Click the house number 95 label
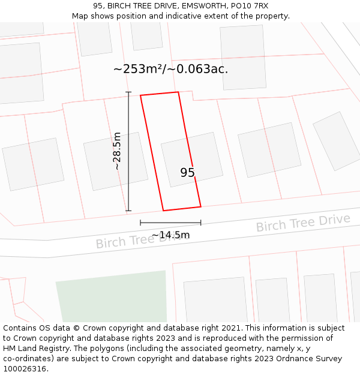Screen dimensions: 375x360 pos(187,173)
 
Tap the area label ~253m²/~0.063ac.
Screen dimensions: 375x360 pos(170,69)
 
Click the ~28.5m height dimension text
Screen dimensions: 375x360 pos(117,151)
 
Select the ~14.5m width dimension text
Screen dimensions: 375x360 pos(170,235)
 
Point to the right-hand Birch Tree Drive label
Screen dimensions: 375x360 pos(303,223)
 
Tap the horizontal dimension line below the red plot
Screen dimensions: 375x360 pos(170,223)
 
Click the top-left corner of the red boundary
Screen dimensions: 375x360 pos(140,95)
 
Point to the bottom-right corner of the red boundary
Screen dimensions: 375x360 pos(201,207)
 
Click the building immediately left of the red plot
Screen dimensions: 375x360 pos(115,161)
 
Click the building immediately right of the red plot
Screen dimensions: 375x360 pos(269,149)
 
